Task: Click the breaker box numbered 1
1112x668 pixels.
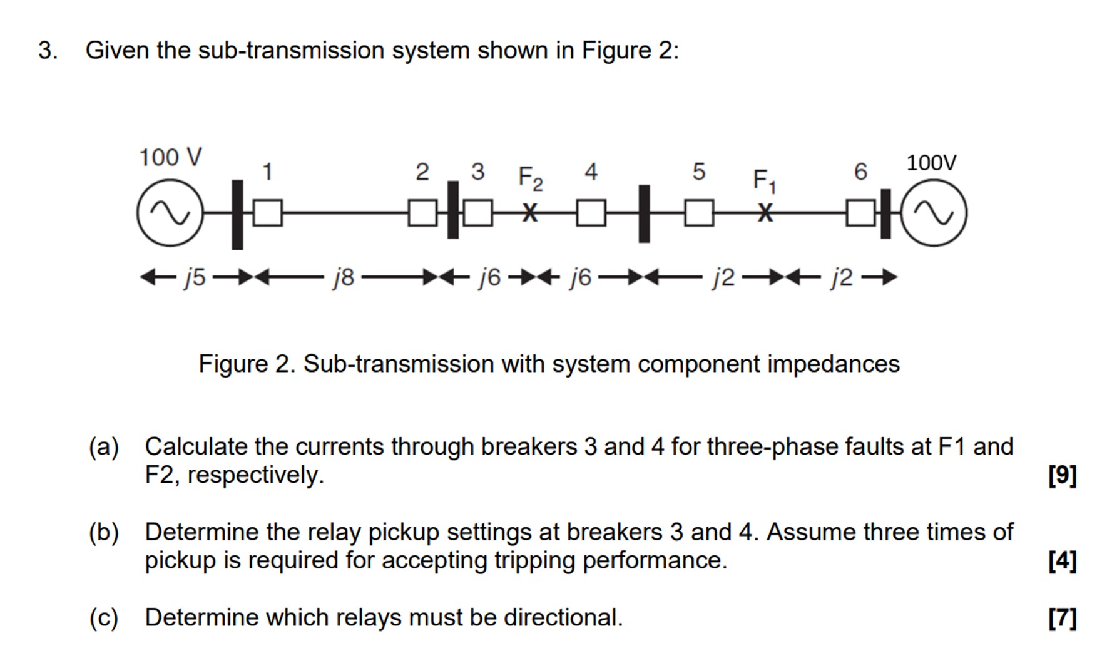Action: pos(268,213)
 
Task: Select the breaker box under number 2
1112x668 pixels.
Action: pos(422,213)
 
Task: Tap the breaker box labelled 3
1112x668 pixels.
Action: pos(478,213)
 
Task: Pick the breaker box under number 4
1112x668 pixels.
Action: pos(591,213)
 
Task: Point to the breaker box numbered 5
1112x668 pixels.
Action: pos(699,213)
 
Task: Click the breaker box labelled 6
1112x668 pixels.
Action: pos(860,213)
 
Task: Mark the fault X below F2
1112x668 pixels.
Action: pos(530,213)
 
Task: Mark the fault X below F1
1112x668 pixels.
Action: pos(764,213)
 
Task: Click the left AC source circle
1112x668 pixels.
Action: pos(170,213)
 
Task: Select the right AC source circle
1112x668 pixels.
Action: pos(934,213)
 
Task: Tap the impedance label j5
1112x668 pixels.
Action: pos(195,277)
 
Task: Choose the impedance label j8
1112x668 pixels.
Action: pos(344,277)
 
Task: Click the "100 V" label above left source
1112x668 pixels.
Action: pos(170,157)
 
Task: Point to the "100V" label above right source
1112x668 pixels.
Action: pos(931,163)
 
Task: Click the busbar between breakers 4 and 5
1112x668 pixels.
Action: pos(644,213)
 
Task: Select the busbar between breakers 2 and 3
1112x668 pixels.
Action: pos(452,210)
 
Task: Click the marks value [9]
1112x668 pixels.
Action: pos(1062,475)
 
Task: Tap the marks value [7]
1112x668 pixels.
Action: pos(1062,618)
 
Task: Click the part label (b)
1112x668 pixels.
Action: pos(104,532)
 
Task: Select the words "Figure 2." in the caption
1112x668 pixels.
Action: pos(247,364)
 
